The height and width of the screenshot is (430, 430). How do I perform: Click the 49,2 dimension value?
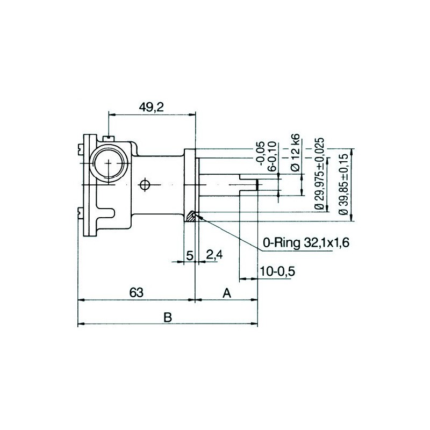pyautogui.click(x=151, y=107)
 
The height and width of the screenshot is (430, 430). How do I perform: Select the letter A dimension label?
pyautogui.click(x=227, y=293)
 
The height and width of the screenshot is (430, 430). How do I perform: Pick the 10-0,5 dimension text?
pyautogui.click(x=277, y=271)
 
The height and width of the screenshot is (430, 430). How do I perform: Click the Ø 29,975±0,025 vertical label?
pyautogui.click(x=320, y=173)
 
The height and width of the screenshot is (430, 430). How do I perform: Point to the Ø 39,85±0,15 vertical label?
pyautogui.click(x=343, y=183)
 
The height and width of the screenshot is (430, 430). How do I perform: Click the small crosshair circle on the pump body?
pyautogui.click(x=144, y=185)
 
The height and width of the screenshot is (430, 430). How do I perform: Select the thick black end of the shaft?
pyautogui.click(x=257, y=185)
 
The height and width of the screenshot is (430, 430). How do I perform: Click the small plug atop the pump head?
pyautogui.click(x=110, y=139)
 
